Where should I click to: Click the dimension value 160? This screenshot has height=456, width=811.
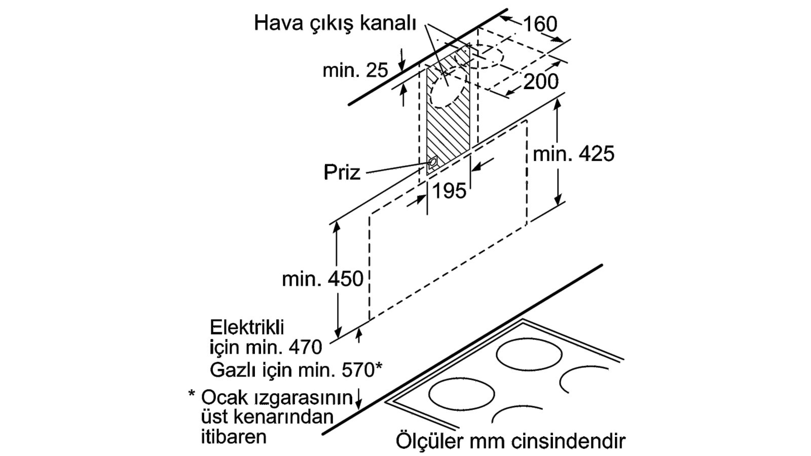click(540, 24)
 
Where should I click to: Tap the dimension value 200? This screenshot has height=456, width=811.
click(541, 82)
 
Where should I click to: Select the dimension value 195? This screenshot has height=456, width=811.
click(449, 191)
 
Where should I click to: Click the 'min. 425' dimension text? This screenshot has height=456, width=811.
click(574, 154)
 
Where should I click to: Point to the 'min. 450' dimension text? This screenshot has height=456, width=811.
click(322, 279)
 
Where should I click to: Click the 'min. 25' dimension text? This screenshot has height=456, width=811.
click(355, 70)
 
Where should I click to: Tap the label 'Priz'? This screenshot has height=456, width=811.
click(342, 172)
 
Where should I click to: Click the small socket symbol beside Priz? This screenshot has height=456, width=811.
click(432, 163)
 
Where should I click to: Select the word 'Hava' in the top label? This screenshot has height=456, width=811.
click(278, 23)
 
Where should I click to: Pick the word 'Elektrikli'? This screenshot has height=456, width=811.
click(247, 327)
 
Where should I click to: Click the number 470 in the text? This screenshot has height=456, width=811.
click(305, 348)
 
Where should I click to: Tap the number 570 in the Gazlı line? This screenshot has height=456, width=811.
click(357, 370)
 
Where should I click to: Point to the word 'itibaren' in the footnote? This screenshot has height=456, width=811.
click(234, 436)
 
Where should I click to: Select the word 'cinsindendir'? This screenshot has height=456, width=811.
click(569, 441)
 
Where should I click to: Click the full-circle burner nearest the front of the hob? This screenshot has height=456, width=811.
click(461, 394)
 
